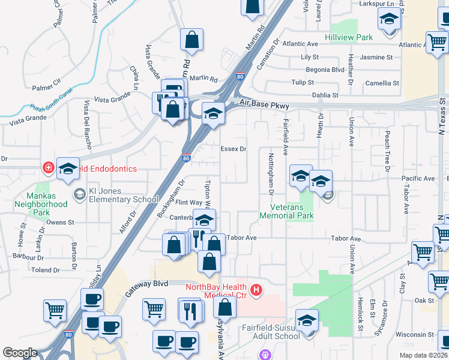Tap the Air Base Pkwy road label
tap(264, 105)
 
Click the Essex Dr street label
tap(234, 149)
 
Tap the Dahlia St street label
tap(325, 95)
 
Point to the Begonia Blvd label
tap(325, 70)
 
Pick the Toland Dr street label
tap(46, 270)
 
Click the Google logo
tap(20, 353)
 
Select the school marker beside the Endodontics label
tap(68, 169)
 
